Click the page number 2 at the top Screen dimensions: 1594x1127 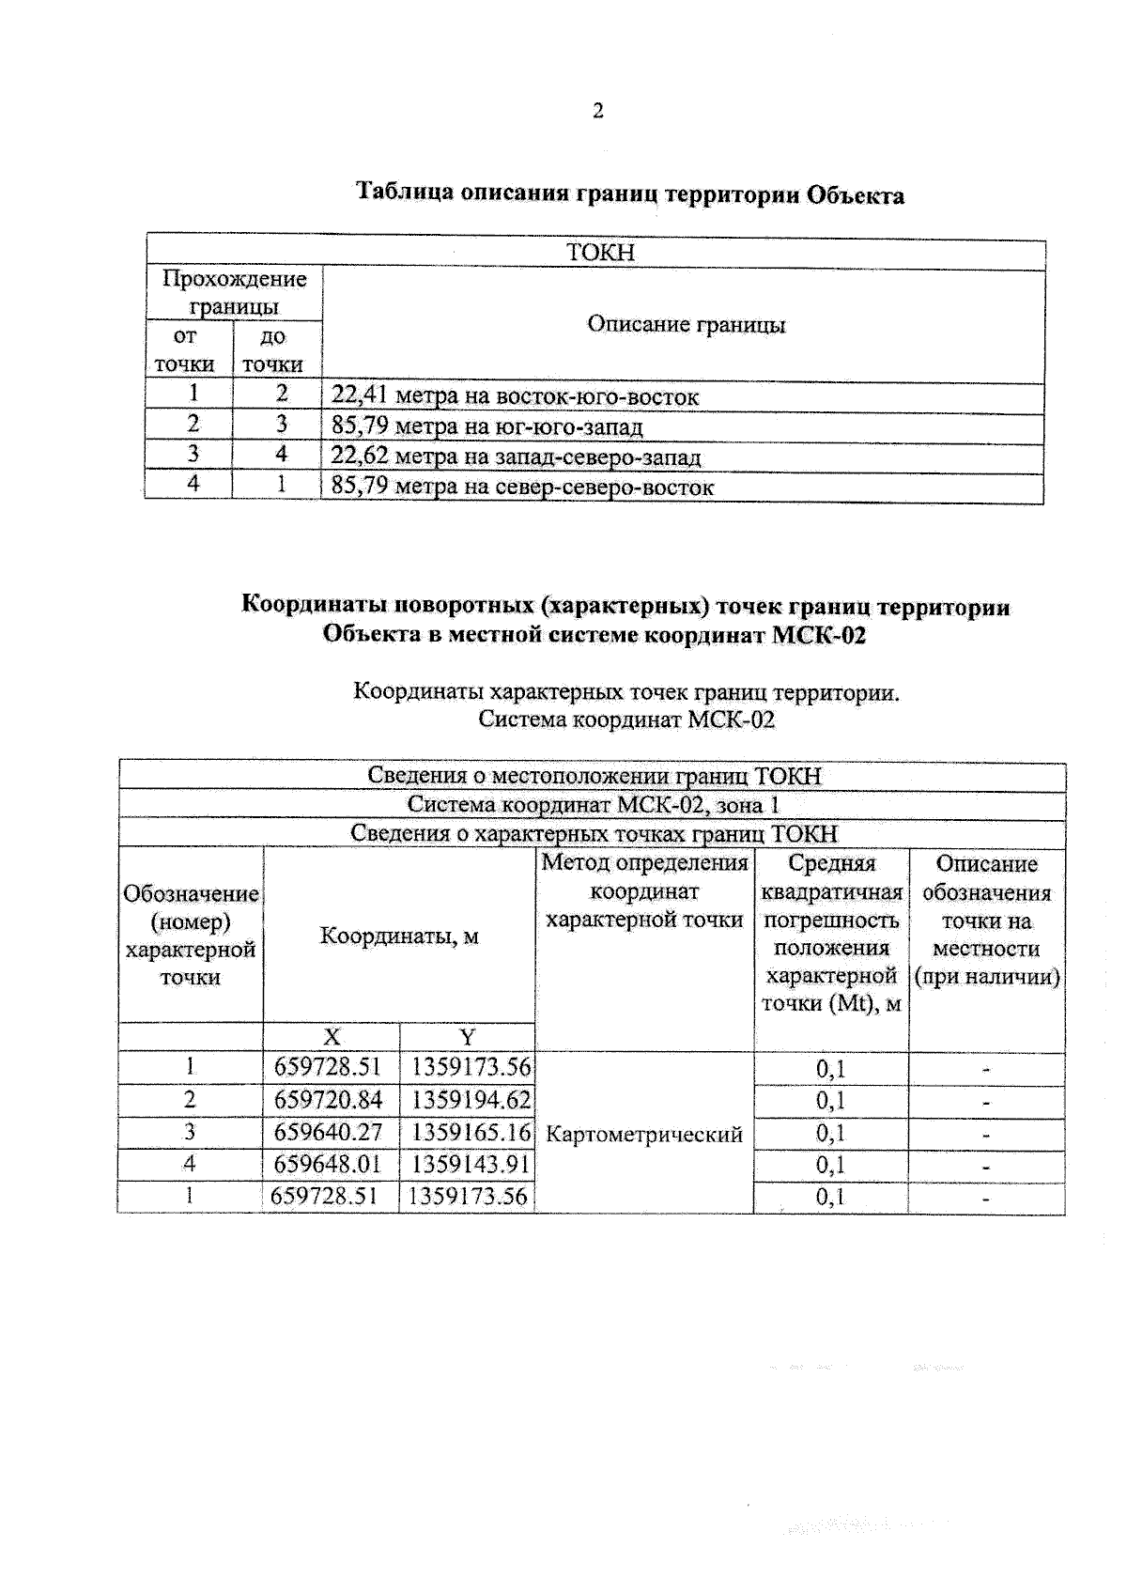(x=597, y=112)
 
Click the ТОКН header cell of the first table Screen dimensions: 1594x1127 (x=600, y=253)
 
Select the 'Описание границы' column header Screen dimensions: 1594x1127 (x=686, y=325)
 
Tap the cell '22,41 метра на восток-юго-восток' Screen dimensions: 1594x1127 (x=515, y=397)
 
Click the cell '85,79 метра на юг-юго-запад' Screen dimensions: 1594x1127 (x=486, y=428)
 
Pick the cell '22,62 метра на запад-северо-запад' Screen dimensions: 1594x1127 (x=516, y=458)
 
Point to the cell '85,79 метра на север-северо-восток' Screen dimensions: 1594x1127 (x=522, y=488)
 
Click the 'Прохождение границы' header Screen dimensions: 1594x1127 (x=234, y=292)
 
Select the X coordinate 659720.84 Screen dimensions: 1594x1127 (x=328, y=1099)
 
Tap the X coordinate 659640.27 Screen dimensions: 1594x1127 (x=328, y=1132)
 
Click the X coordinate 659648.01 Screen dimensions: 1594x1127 (x=328, y=1165)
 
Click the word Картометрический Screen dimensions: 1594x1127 (x=643, y=1135)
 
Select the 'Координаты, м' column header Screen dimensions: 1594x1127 (x=399, y=936)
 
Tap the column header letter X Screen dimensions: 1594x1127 (x=332, y=1037)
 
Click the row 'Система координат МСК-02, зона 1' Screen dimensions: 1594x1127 (x=593, y=805)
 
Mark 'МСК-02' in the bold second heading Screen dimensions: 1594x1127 (x=818, y=636)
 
